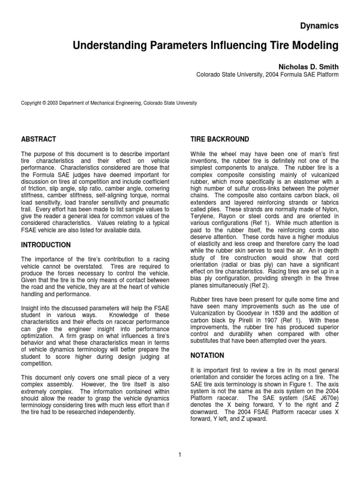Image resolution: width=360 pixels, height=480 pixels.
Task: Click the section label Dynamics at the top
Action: (319, 26)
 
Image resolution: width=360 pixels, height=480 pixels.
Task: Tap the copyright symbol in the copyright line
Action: (43, 103)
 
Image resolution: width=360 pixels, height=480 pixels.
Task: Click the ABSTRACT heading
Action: (39, 139)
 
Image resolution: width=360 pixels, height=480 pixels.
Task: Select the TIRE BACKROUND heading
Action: (219, 139)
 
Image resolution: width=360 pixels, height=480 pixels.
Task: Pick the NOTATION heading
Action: (207, 356)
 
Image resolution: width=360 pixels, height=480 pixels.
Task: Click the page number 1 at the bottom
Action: (180, 454)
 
